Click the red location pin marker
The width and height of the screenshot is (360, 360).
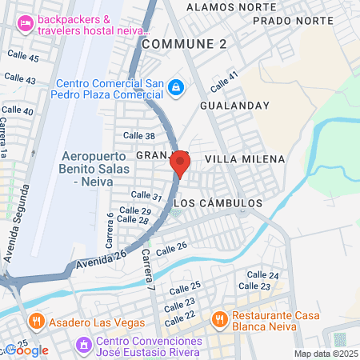coord(180,164)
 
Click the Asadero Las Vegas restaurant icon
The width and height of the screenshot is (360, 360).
coord(34,322)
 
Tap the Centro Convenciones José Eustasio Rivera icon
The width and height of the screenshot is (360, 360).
coord(82,346)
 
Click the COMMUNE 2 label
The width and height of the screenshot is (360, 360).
coord(184,45)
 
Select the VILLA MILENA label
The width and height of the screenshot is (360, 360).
coord(245,159)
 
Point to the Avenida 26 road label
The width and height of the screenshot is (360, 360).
coord(102,259)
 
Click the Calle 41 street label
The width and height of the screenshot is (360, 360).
coord(224,81)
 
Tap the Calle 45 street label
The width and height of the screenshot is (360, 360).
coord(22,58)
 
